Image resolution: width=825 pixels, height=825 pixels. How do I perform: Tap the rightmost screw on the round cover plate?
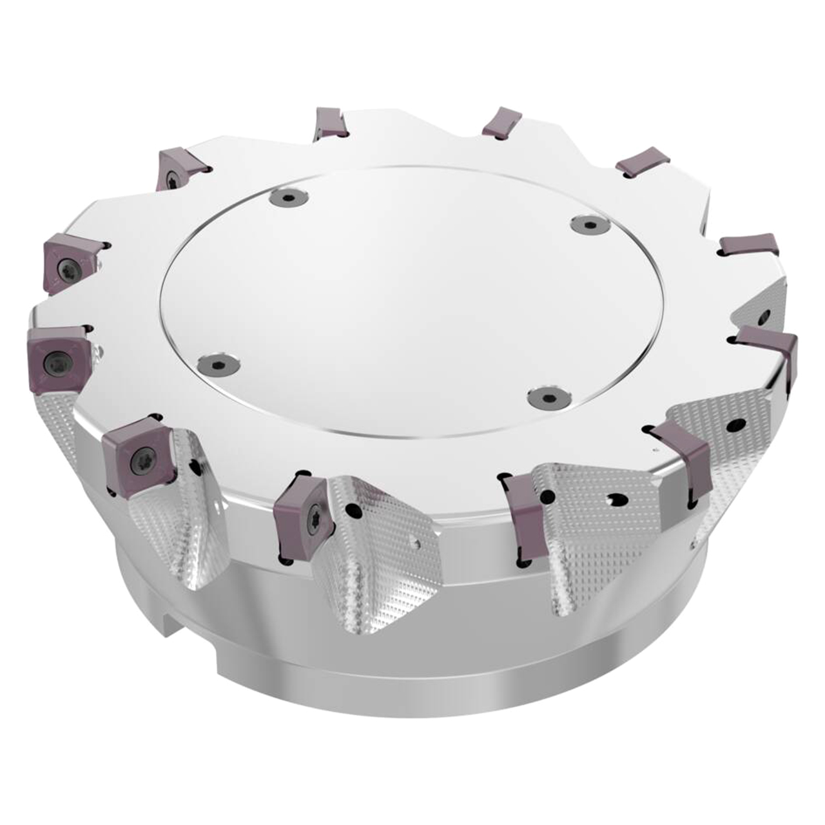tap(588, 224)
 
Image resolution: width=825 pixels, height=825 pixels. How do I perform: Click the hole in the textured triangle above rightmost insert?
tap(764, 316)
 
